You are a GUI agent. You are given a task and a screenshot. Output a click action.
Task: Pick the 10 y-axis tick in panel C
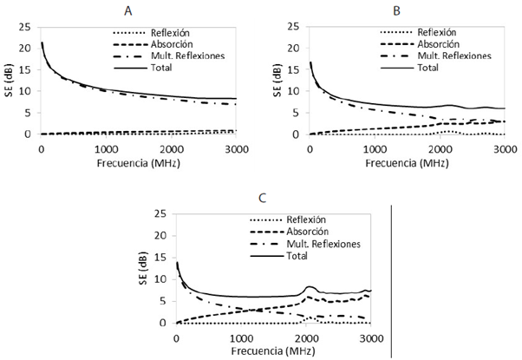click(x=162, y=279)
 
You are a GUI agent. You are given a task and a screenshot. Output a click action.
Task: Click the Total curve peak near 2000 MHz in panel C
click(x=310, y=287)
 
